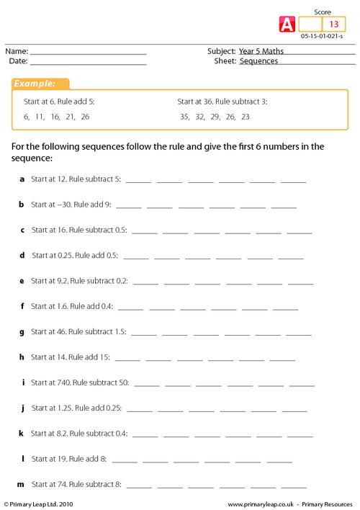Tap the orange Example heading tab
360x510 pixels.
39,84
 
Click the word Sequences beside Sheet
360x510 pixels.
258,61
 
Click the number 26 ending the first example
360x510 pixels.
86,116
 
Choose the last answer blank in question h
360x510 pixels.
282,357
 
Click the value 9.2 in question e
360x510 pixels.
61,280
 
